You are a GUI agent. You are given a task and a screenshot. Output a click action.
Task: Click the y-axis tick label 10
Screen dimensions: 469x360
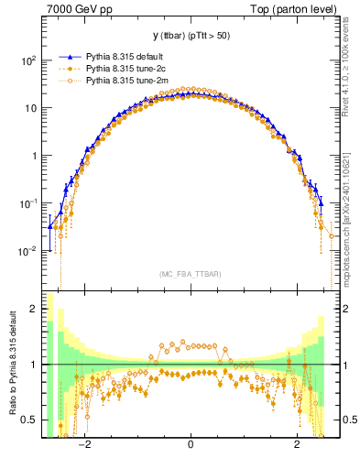[29, 108]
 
